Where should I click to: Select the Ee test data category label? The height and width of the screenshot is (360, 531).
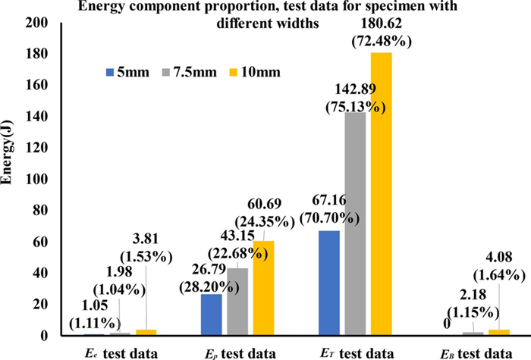pos(121,352)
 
